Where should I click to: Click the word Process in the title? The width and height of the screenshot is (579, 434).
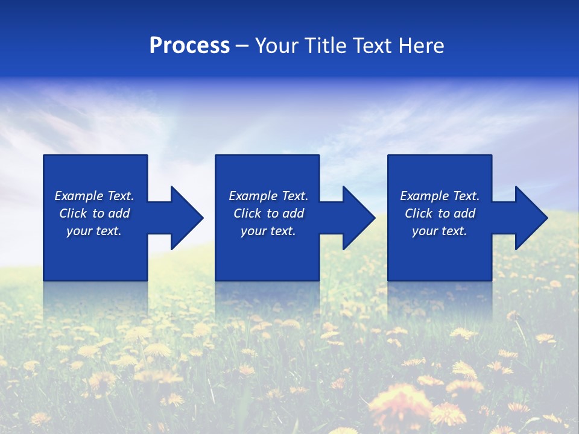[189, 46]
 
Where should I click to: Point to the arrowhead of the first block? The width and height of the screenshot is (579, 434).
[187, 218]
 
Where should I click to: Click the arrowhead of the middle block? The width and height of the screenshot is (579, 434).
[359, 218]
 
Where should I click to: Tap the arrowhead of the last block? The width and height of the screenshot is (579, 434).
[531, 218]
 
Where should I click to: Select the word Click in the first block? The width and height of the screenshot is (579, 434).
[73, 213]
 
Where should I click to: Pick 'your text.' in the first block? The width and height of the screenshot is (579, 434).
[94, 231]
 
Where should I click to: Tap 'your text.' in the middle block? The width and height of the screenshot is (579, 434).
[268, 231]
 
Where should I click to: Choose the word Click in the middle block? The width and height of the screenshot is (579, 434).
[247, 213]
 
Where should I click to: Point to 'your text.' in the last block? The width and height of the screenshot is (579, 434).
[439, 231]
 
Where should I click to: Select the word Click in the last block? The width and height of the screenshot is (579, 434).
[419, 213]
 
